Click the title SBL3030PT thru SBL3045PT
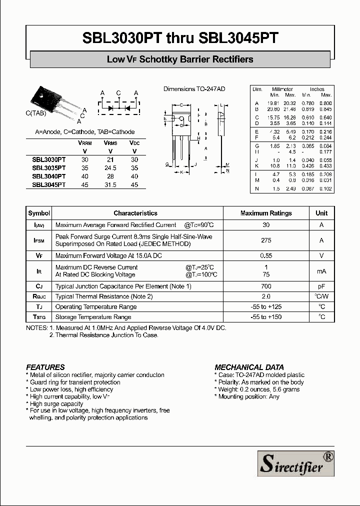(180, 38)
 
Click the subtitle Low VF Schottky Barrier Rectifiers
(180, 59)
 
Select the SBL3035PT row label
(49, 168)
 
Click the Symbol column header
(39, 213)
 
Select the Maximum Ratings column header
(266, 213)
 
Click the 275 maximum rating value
(266, 240)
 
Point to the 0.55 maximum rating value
(266, 256)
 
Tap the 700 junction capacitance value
(266, 286)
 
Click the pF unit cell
(321, 286)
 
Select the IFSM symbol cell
(39, 240)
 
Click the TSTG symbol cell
(39, 317)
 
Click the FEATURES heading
(45, 367)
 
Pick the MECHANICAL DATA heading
(246, 367)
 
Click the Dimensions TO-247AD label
(194, 89)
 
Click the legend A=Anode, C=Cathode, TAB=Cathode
(85, 132)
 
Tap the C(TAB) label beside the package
(36, 113)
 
